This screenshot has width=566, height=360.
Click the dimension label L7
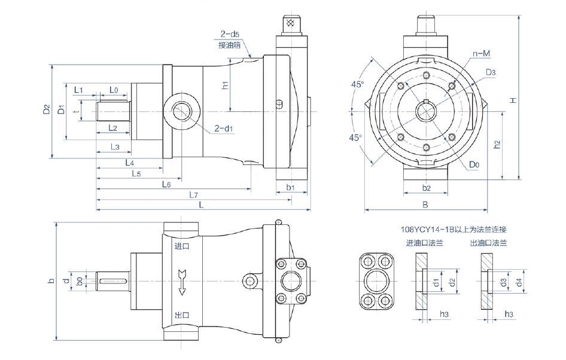click(193, 194)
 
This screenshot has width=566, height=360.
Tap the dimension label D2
click(46, 110)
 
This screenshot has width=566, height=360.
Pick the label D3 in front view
click(491, 72)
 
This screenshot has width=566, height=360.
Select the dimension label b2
click(426, 188)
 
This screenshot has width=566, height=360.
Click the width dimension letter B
click(425, 205)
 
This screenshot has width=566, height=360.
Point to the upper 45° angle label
click(357, 85)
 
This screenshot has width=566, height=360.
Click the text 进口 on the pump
click(182, 245)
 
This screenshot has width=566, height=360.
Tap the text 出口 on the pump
click(182, 315)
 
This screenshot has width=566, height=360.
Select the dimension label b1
click(291, 187)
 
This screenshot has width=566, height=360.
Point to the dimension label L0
click(114, 90)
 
